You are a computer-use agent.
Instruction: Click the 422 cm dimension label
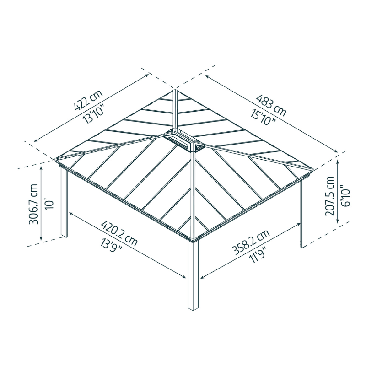tap(88, 102)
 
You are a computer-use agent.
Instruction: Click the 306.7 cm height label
tap(33, 205)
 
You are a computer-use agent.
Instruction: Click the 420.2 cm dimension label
tap(119, 232)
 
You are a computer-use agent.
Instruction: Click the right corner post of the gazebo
tap(303, 213)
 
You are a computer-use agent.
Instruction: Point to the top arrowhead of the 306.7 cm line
tap(42, 168)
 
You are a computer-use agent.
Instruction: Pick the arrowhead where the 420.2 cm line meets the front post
tap(184, 276)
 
